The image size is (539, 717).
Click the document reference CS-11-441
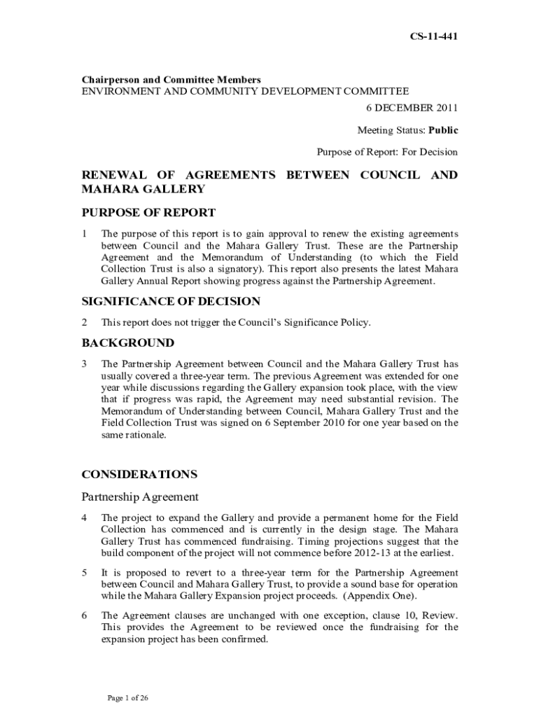pyautogui.click(x=433, y=36)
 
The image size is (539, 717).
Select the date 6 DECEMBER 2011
pyautogui.click(x=412, y=108)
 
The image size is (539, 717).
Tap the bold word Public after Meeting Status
pyautogui.click(x=443, y=130)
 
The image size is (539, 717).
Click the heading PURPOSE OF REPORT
pyautogui.click(x=148, y=213)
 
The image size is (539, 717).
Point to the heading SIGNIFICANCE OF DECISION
pyautogui.click(x=171, y=301)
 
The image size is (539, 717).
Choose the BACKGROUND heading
pyautogui.click(x=128, y=343)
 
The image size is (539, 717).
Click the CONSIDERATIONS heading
pyautogui.click(x=149, y=474)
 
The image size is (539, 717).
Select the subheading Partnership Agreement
pyautogui.click(x=140, y=496)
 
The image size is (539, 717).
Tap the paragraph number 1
pyautogui.click(x=85, y=233)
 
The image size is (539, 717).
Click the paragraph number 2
pyautogui.click(x=85, y=323)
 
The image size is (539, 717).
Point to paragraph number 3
pyautogui.click(x=85, y=364)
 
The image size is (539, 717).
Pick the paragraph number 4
pyautogui.click(x=85, y=517)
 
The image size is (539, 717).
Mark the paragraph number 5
pyautogui.click(x=85, y=572)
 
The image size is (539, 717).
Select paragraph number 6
pyautogui.click(x=85, y=615)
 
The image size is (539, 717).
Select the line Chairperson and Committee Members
pyautogui.click(x=171, y=80)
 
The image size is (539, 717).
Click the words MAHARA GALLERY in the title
pyautogui.click(x=143, y=189)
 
